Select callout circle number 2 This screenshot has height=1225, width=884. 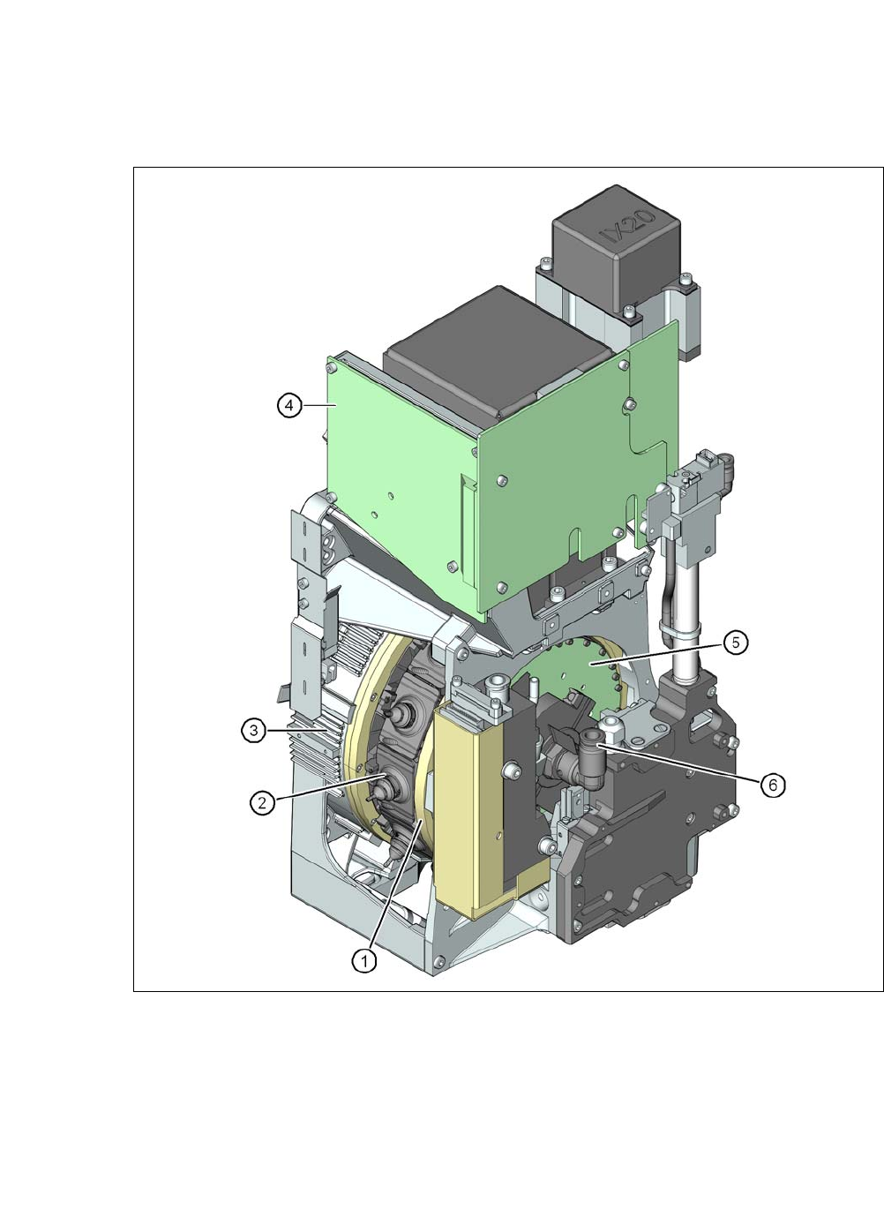click(x=262, y=802)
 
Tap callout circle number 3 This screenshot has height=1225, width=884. click(x=254, y=730)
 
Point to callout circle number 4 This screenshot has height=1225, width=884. click(x=289, y=406)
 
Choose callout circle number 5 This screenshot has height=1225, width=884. click(x=735, y=643)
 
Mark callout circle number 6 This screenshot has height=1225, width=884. click(x=773, y=785)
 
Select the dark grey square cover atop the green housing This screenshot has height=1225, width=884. click(x=498, y=350)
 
